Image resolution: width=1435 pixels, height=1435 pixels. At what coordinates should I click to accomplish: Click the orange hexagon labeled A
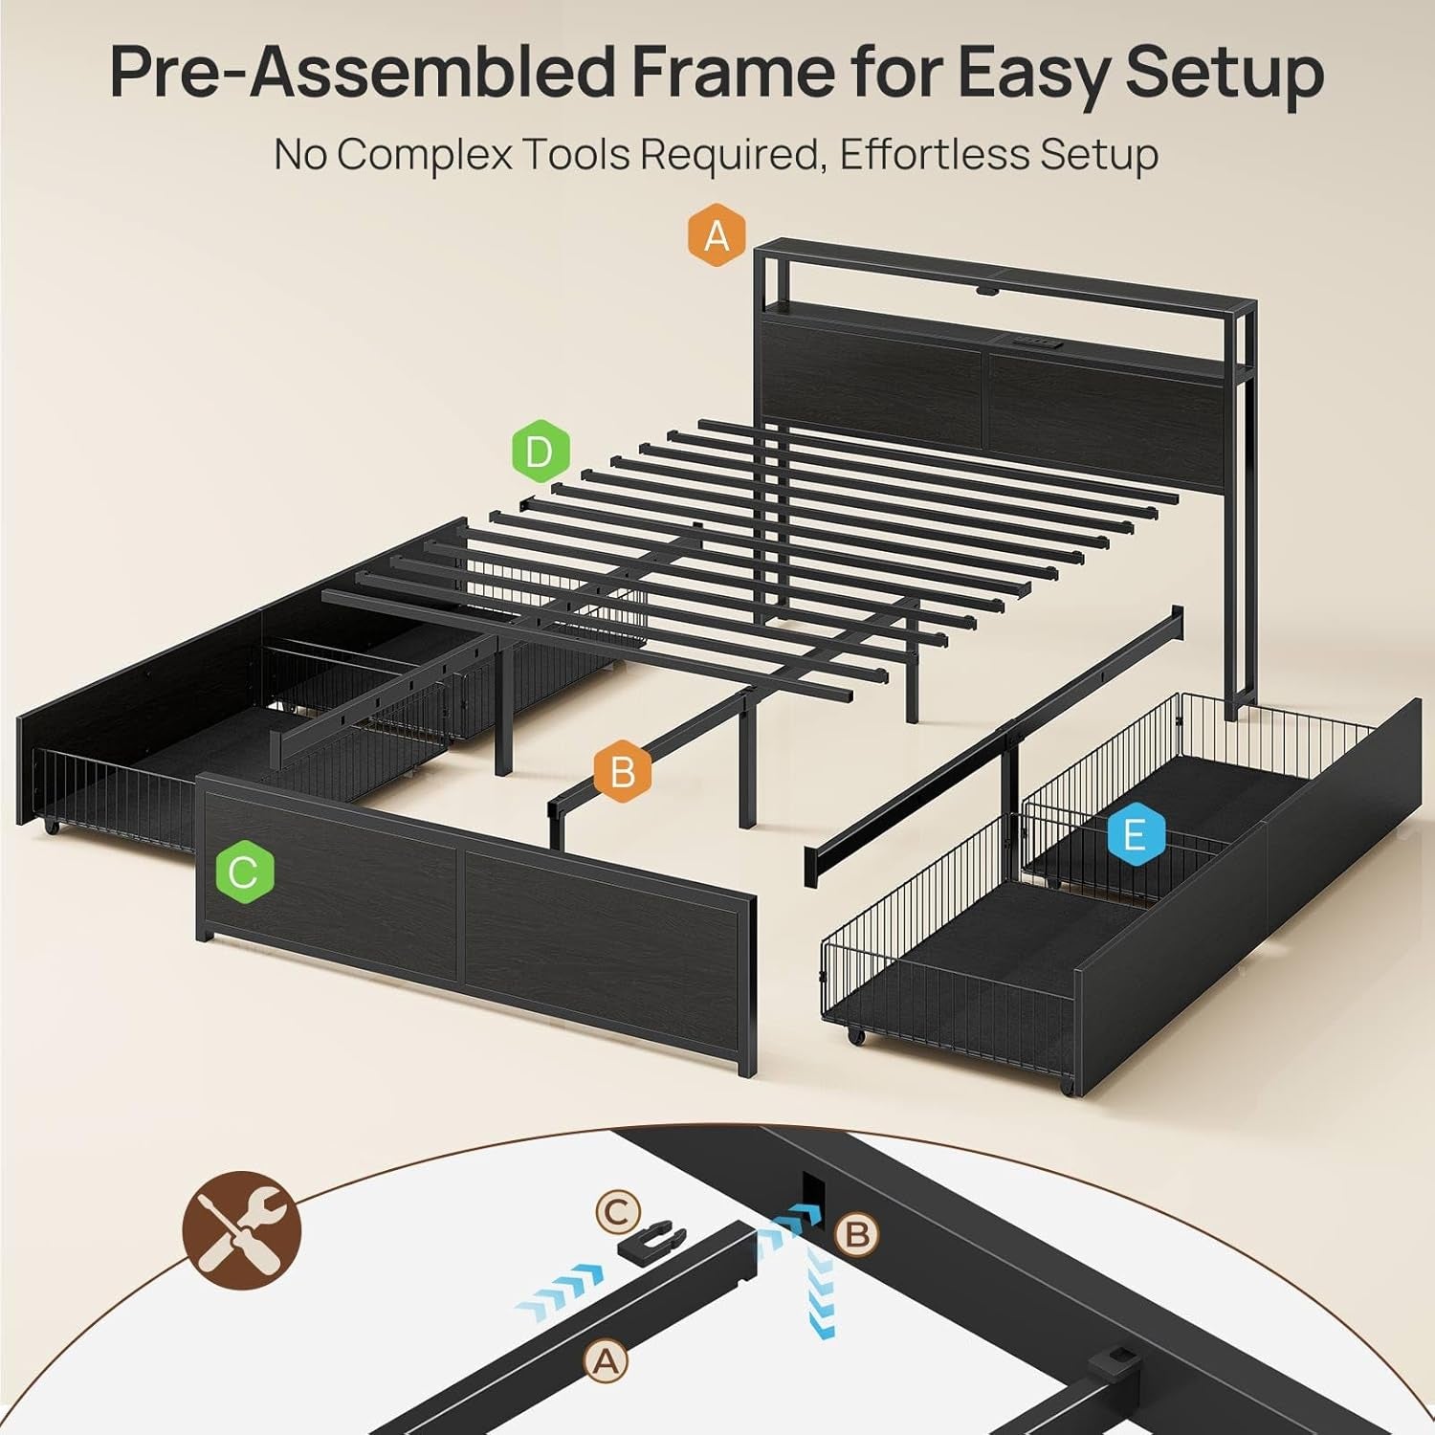coord(717,233)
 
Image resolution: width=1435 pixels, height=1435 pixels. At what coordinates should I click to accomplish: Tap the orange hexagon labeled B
coord(622,771)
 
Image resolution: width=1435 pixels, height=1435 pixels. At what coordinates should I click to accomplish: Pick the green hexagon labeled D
coord(540,451)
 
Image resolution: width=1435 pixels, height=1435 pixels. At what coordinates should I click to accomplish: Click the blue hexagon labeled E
coord(1135,835)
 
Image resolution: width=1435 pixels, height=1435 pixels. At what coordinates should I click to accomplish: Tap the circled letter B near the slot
coord(856,1234)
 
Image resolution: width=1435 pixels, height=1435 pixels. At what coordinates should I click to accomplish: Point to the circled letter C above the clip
coord(617,1213)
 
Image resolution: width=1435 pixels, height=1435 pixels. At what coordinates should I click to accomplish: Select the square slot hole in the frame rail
coord(811,1189)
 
